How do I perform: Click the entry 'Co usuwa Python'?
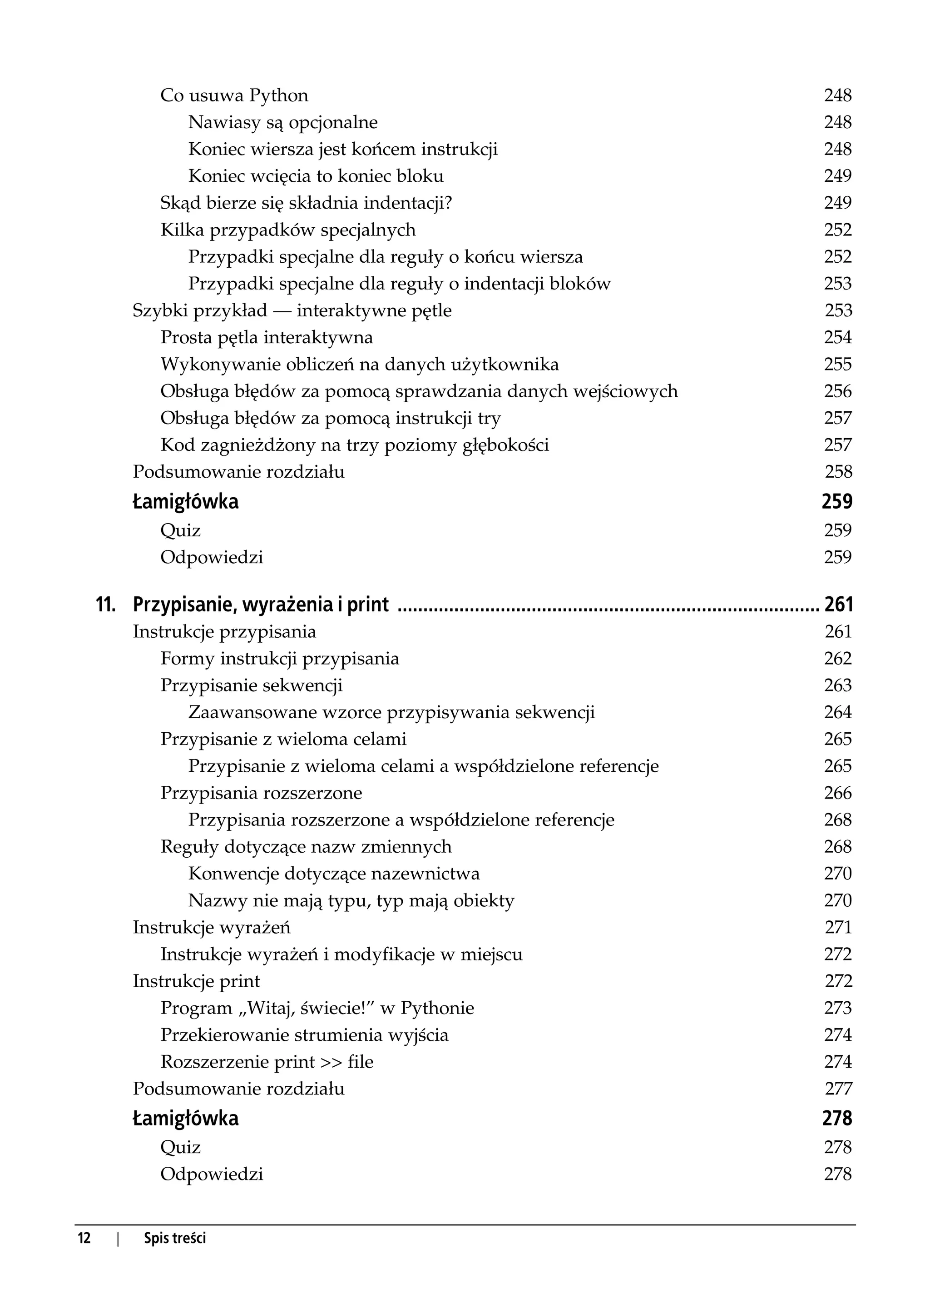234,95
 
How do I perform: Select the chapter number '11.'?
106,605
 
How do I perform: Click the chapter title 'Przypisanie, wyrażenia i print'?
261,605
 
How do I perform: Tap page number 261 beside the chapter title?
838,605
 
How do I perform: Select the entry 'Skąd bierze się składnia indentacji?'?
306,203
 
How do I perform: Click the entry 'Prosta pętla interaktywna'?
266,338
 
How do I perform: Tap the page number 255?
838,365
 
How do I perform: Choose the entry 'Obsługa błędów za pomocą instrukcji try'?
331,418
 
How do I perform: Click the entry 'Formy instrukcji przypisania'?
279,659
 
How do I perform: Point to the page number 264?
838,712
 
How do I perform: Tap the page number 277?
838,1089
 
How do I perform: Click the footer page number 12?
84,1239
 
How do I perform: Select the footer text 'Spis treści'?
175,1239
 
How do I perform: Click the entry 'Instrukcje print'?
197,981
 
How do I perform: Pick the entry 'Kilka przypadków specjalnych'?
287,230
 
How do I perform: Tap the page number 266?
838,793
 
